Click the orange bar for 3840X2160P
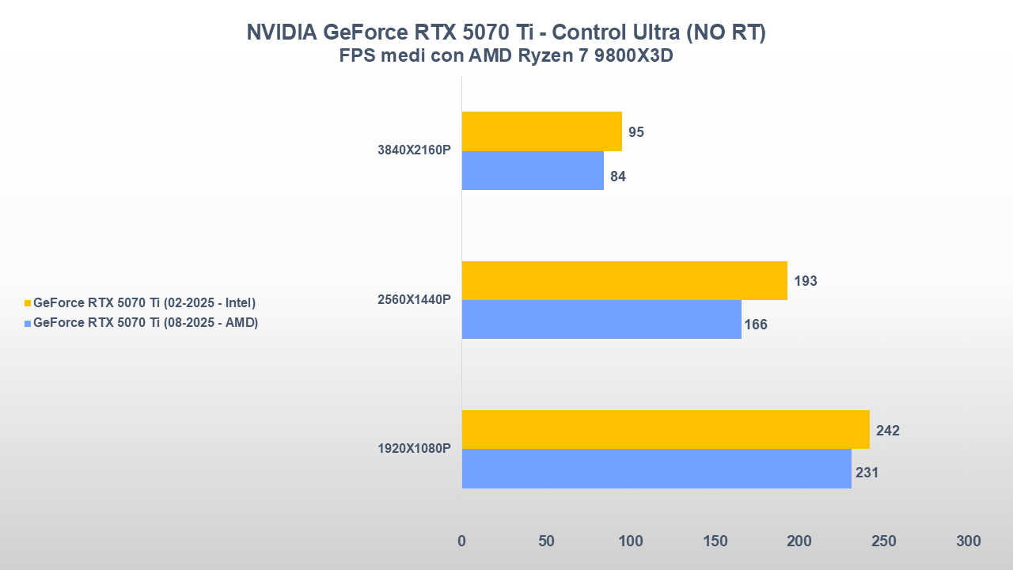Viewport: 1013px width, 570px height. click(541, 131)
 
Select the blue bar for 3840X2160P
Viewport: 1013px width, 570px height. click(533, 170)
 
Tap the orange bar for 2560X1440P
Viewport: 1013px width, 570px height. click(624, 280)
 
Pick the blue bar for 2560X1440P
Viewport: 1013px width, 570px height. click(601, 319)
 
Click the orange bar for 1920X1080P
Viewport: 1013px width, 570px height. click(666, 429)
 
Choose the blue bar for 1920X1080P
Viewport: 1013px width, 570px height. click(656, 469)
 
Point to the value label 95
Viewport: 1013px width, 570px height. click(635, 132)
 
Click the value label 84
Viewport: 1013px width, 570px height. click(618, 177)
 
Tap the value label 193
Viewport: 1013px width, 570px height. click(805, 281)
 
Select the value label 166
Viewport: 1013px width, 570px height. click(756, 325)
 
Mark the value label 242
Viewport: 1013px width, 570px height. click(887, 431)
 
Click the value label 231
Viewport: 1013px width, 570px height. click(867, 473)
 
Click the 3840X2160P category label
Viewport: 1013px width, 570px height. click(414, 150)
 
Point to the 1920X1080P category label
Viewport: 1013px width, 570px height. click(414, 449)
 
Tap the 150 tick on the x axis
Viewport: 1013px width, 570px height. click(715, 541)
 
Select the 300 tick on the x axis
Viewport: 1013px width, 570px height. click(968, 541)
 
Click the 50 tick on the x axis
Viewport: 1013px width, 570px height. click(546, 541)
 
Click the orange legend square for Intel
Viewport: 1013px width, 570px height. click(28, 303)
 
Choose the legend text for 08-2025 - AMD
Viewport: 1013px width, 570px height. click(146, 322)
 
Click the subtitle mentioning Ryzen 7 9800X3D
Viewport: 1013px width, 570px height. click(506, 56)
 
